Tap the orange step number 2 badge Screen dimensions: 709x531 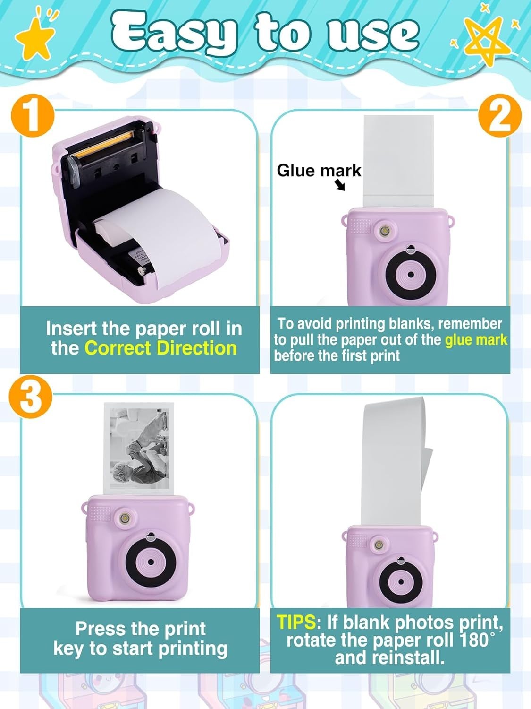500,116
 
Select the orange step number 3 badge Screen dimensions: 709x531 31,398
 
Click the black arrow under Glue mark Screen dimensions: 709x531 340,185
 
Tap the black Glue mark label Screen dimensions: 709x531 319,170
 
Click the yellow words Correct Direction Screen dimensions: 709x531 160,348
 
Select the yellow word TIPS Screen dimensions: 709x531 295,623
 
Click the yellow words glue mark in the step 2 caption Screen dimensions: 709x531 476,339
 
